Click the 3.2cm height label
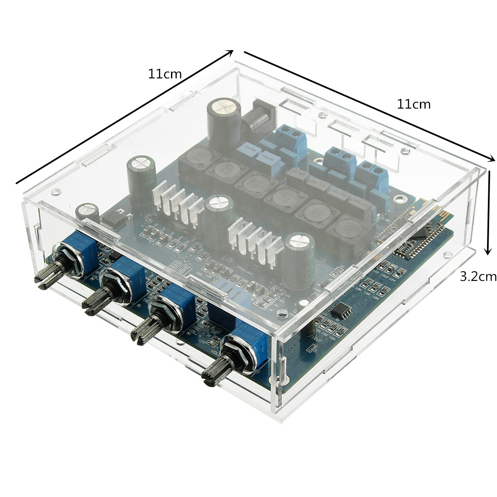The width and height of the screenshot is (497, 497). tap(478, 276)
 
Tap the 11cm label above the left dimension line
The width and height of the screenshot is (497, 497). tap(165, 74)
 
